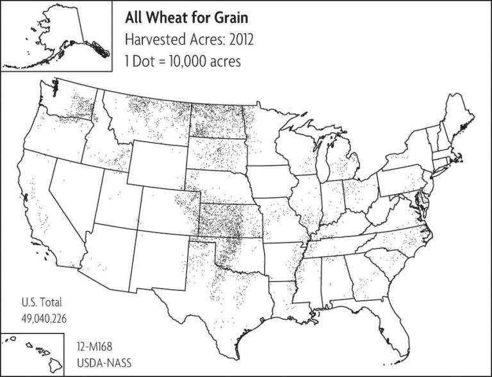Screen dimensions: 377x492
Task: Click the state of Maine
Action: click(x=461, y=118)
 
